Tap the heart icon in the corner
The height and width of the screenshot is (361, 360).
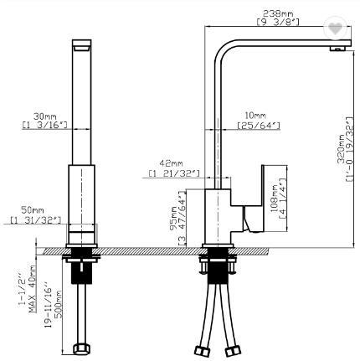pos(336,28)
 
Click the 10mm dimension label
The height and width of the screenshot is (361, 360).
pos(255,114)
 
